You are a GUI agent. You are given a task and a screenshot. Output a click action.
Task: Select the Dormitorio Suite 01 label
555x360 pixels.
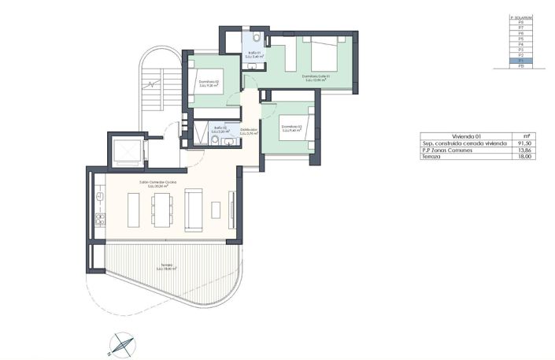[x=315, y=77]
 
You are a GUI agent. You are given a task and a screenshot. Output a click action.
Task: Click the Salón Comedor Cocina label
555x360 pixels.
[x=157, y=184]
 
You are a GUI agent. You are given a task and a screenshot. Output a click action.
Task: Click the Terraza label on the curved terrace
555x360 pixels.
[x=167, y=266]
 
